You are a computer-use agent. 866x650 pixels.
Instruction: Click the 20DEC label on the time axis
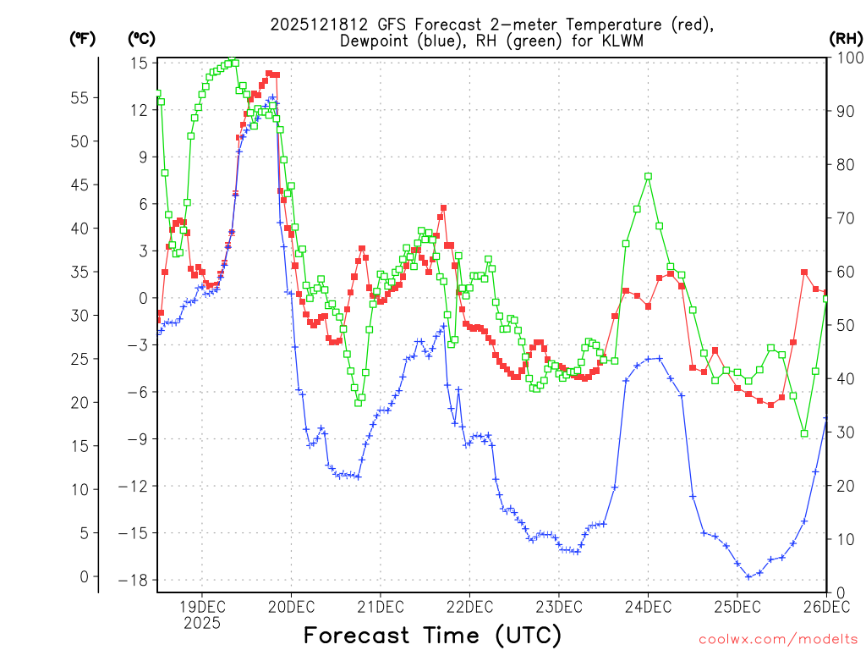(291, 606)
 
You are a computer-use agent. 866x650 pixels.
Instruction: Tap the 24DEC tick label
(648, 606)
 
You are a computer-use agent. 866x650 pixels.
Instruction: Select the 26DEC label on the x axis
(826, 606)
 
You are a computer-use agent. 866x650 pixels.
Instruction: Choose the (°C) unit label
(141, 38)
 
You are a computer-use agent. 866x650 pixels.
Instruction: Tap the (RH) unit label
(846, 38)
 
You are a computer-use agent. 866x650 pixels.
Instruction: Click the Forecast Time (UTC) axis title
(432, 635)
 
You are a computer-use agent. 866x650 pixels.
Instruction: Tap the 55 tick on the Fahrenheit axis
(79, 98)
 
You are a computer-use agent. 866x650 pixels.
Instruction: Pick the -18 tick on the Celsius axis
(135, 580)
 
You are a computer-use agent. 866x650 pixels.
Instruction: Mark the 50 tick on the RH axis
(843, 325)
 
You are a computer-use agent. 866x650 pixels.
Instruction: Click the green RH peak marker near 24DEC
(648, 176)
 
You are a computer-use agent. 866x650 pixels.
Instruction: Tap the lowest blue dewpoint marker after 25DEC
(748, 577)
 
